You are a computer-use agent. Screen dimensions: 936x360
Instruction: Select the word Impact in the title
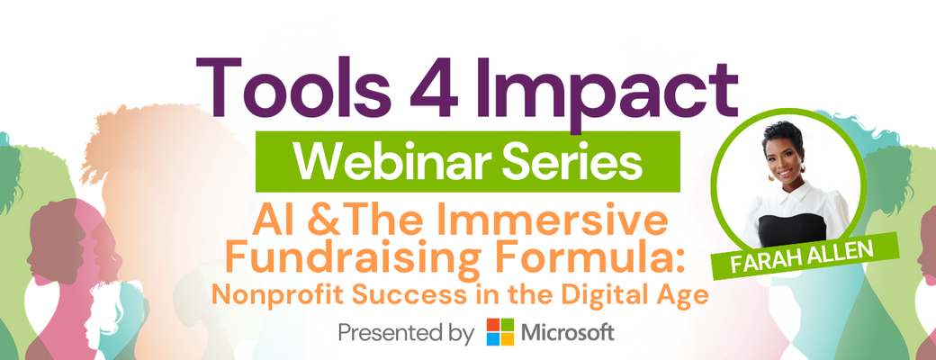click(599, 95)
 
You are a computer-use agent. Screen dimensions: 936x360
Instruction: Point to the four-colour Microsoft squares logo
click(499, 332)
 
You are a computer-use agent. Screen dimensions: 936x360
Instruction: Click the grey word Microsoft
click(568, 332)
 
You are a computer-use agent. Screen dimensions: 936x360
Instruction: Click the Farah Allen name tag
click(805, 256)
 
